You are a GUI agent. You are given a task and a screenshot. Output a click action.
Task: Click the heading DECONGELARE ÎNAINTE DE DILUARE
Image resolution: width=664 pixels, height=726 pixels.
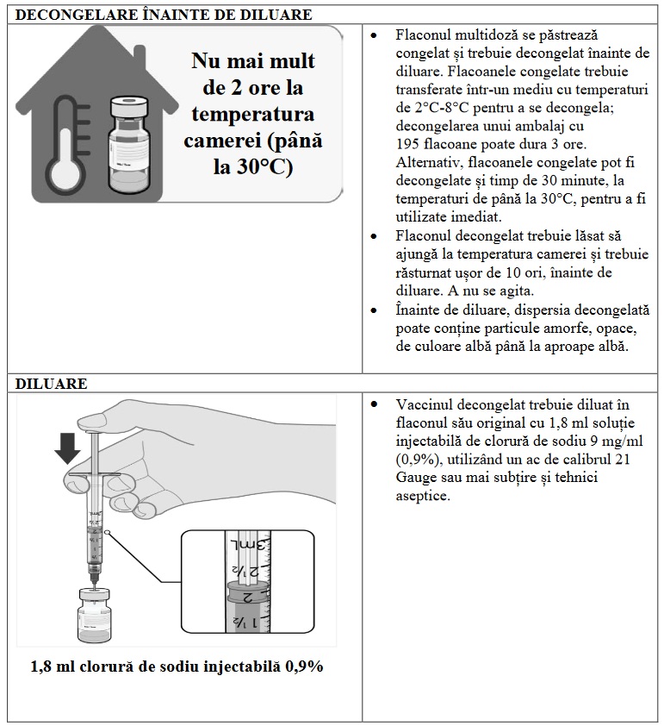pos(164,15)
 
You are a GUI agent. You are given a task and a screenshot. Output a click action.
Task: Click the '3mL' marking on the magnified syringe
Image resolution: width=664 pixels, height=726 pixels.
pos(237,547)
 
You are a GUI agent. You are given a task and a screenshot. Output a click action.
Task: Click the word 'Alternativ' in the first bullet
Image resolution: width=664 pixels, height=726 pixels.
pos(427,161)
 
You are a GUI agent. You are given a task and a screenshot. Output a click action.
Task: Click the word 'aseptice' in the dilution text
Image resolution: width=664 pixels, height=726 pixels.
pos(423,495)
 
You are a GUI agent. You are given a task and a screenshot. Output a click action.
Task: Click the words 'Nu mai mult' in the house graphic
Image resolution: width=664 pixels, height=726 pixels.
pos(253,61)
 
